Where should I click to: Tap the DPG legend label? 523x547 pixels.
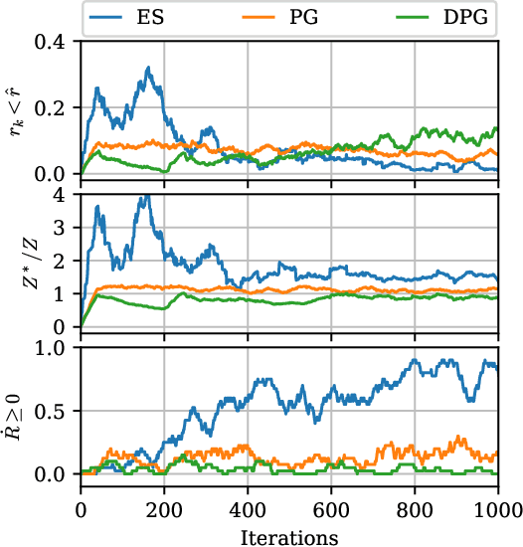coord(462,17)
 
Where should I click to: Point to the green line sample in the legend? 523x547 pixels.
coord(407,17)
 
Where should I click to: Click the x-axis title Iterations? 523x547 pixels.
coord(289,537)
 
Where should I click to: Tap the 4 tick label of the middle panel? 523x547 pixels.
coord(66,195)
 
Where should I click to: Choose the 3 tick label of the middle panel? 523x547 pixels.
coord(66,228)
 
